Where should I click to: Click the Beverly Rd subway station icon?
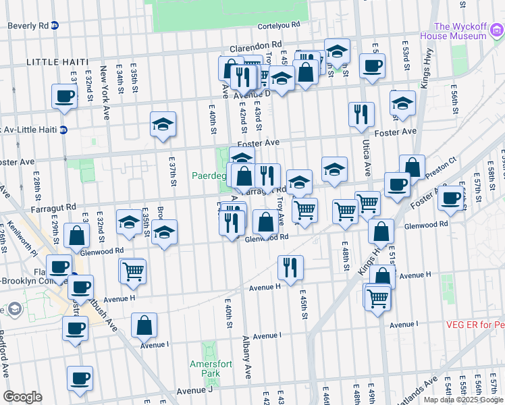point(54,26)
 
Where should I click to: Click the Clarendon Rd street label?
point(255,48)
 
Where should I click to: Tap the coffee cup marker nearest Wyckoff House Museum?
point(372,66)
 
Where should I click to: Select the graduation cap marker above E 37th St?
point(163,124)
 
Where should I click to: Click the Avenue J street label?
point(194,390)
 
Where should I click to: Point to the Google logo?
point(22,397)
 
